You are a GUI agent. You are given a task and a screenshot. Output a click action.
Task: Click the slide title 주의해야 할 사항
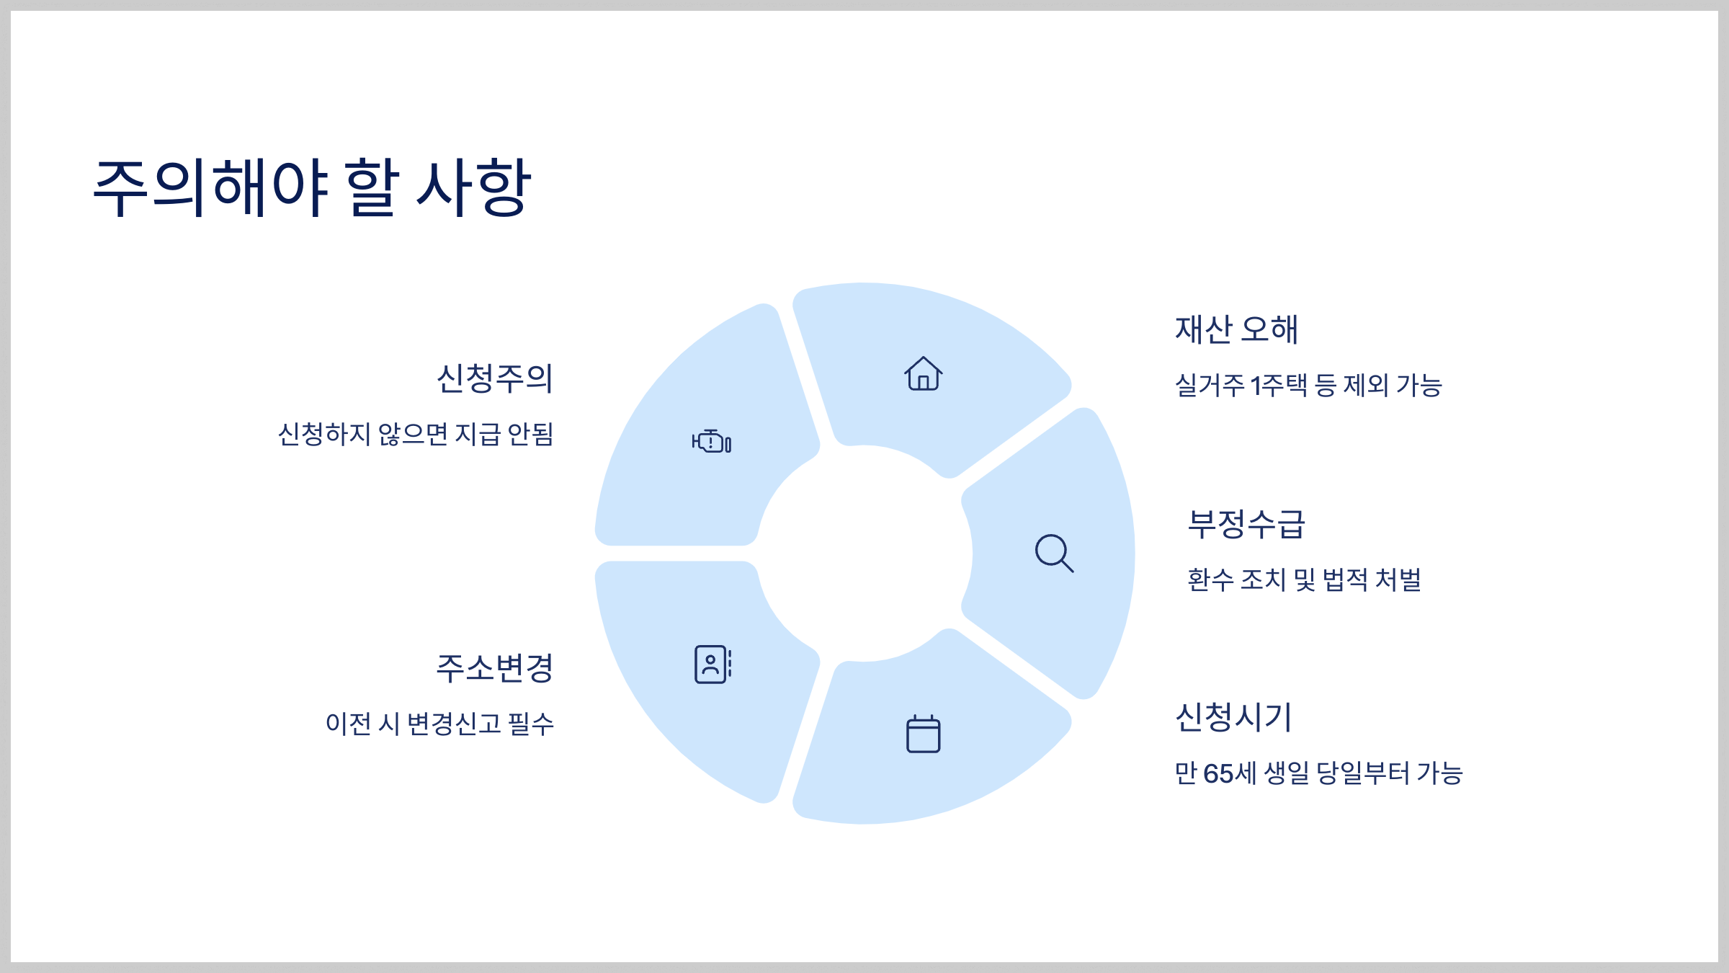click(312, 187)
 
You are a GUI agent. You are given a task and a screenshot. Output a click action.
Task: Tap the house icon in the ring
click(923, 374)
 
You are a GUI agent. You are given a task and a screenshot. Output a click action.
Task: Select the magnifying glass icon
click(1054, 554)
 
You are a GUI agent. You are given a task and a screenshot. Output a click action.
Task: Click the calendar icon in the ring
click(923, 734)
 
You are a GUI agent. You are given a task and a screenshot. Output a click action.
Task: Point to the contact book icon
click(712, 664)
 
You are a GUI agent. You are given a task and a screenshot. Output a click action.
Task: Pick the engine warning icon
click(712, 441)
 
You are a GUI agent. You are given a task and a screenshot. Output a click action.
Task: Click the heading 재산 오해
click(1236, 329)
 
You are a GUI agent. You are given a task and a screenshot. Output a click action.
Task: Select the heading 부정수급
click(1246, 524)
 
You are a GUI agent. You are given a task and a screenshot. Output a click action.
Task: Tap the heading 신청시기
click(1233, 717)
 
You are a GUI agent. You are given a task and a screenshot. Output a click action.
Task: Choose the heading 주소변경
click(495, 668)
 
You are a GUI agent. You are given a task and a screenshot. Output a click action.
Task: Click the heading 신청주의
click(495, 378)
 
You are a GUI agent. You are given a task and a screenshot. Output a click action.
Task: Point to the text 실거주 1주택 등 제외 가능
click(1308, 386)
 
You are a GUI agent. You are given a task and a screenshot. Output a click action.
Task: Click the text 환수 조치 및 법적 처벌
click(1304, 579)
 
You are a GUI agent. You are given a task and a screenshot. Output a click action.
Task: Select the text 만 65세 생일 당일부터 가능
click(1318, 773)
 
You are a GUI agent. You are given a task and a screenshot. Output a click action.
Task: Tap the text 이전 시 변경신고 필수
click(439, 724)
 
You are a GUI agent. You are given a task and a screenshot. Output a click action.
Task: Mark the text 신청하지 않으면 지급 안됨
click(416, 434)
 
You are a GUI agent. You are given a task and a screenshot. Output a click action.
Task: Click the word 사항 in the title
click(474, 187)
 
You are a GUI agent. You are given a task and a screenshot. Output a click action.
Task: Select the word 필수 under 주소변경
click(531, 724)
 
